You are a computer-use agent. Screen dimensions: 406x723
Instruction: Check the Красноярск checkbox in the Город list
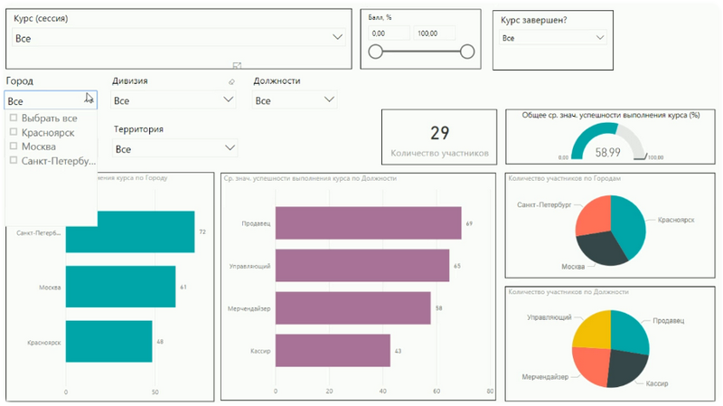tap(14, 132)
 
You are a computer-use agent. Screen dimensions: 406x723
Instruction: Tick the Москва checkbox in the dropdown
tap(14, 146)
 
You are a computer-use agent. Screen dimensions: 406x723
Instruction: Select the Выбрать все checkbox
tap(14, 118)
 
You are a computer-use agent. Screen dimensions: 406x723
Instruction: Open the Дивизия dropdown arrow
tap(229, 100)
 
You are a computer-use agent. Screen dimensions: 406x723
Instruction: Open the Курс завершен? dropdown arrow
tap(600, 38)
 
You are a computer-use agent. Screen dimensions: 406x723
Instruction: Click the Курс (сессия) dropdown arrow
tap(338, 37)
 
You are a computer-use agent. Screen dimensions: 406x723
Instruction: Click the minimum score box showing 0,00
tap(389, 33)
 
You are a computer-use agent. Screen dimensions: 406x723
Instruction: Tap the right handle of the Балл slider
tap(467, 52)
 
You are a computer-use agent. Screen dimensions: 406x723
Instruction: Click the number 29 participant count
tap(439, 134)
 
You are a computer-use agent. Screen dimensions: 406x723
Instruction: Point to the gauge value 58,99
tap(607, 153)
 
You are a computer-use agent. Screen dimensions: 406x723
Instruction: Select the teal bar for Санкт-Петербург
tap(130, 231)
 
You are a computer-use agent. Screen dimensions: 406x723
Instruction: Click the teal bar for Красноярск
tap(108, 342)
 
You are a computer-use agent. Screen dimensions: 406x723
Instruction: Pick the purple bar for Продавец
tap(368, 222)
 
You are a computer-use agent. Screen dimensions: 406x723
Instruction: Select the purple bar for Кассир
tap(333, 350)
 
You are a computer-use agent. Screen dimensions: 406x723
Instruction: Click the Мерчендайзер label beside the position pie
tap(546, 375)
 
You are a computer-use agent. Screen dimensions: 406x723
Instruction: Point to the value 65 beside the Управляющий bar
tap(456, 266)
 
